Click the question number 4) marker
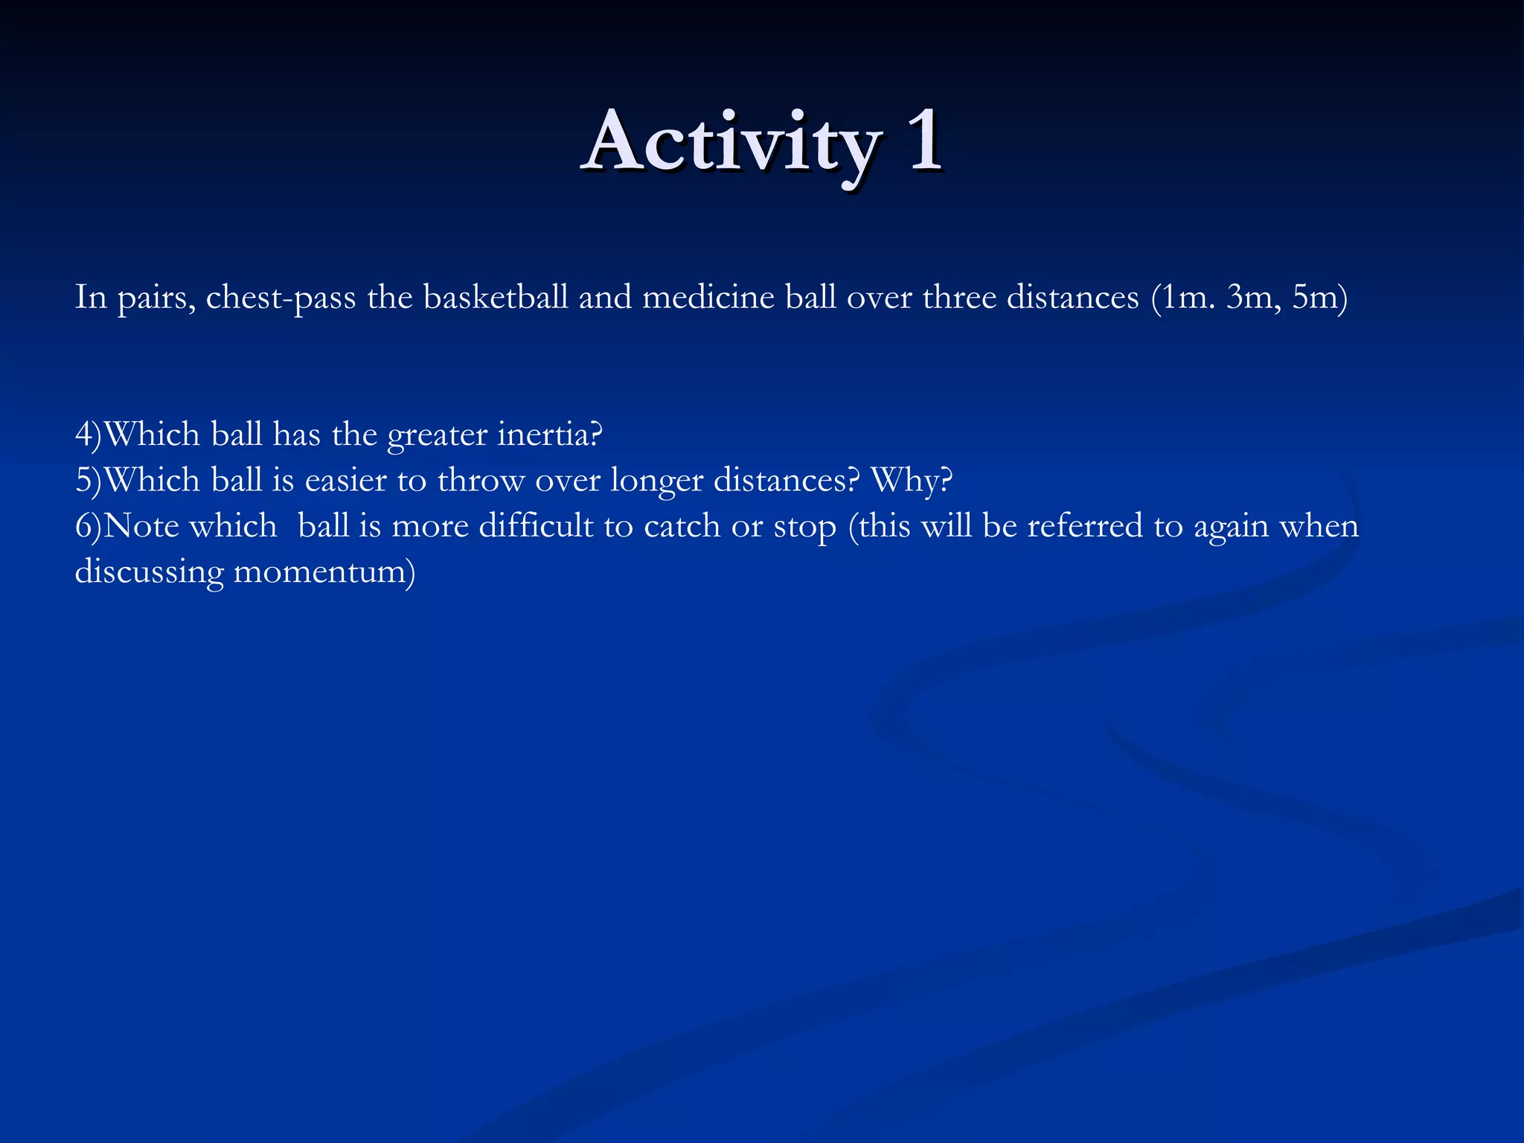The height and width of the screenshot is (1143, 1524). point(88,435)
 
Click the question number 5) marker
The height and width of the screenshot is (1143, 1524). point(88,481)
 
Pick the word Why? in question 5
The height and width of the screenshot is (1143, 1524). point(912,481)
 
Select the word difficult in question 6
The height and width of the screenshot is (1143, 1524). point(536,526)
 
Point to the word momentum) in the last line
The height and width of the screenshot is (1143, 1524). point(324,572)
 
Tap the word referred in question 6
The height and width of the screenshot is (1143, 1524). point(1085,526)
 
